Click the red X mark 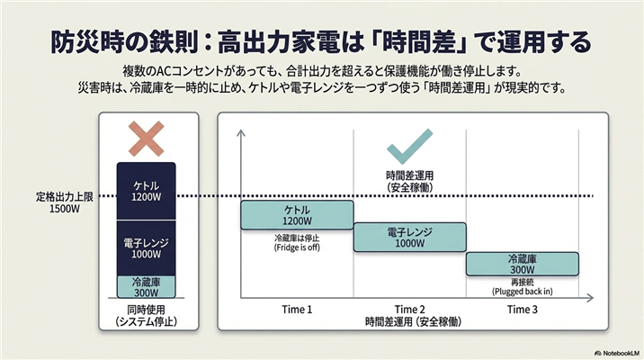pos(147,139)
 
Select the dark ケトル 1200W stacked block pos(147,191)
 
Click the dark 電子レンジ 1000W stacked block pos(147,247)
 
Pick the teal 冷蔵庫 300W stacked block pos(147,287)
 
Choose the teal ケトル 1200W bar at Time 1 pos(297,215)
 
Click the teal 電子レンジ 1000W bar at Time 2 pos(410,237)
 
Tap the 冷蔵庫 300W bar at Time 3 pos(523,264)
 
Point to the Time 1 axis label pos(297,310)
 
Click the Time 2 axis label pos(410,310)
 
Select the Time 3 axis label pos(523,310)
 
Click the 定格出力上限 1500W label pos(65,202)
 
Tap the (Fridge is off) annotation pos(297,247)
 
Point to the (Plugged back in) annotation pos(523,292)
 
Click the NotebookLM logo pos(618,353)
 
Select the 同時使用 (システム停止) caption pos(147,316)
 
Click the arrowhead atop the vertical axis pos(241,132)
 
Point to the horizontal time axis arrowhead pos(590,298)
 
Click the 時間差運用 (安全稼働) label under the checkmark pos(410,182)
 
